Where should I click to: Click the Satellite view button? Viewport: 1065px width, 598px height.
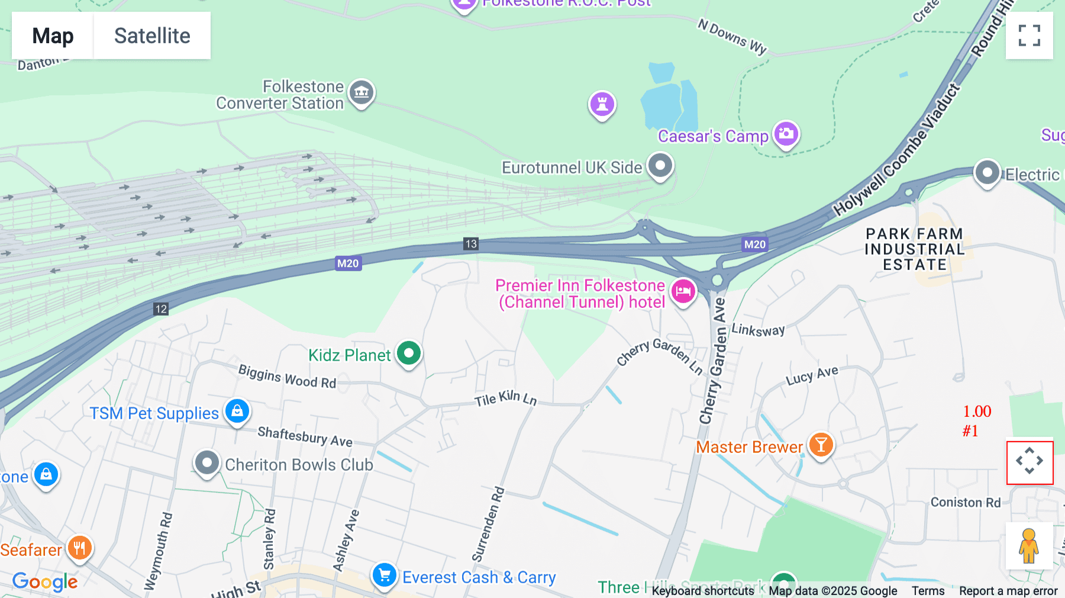click(152, 36)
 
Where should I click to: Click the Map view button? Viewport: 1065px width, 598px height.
click(53, 36)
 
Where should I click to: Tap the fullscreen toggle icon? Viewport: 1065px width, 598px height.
click(1029, 36)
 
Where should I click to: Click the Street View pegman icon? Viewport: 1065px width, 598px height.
click(1028, 546)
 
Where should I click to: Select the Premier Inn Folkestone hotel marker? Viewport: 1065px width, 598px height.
click(683, 291)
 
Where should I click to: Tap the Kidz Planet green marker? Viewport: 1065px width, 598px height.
click(408, 353)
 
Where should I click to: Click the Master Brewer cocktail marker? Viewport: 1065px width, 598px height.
click(821, 444)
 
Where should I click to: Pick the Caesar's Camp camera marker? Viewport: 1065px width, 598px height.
click(786, 134)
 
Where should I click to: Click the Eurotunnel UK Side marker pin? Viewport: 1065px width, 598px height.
click(660, 165)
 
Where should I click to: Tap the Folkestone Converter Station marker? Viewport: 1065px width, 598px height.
click(362, 92)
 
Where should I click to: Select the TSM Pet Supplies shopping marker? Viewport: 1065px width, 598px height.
click(237, 410)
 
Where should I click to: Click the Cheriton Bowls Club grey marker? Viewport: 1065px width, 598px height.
click(206, 462)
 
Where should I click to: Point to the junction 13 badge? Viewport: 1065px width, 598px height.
click(471, 244)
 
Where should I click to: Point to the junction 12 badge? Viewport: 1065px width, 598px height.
click(161, 309)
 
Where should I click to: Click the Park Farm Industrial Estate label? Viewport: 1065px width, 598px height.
click(914, 249)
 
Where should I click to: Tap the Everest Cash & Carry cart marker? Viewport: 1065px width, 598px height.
click(384, 575)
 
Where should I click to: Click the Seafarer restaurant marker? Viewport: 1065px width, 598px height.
click(79, 548)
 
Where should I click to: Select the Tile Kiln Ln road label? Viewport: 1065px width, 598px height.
click(505, 398)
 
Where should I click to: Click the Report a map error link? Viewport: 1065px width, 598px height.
click(1008, 591)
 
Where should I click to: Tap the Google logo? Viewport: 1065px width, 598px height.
click(45, 582)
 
